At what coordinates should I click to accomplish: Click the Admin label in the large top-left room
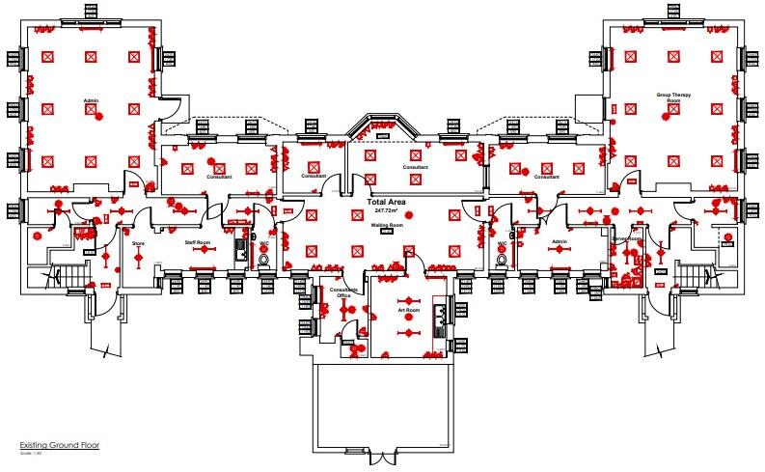92,99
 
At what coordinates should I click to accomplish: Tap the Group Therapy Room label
669,97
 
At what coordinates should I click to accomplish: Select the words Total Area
386,201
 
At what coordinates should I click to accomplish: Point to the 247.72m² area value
386,209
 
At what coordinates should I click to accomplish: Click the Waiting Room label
386,224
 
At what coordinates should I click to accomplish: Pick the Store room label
138,244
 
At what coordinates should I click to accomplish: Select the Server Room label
627,237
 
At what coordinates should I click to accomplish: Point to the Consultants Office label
344,292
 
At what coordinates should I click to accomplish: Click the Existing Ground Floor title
59,445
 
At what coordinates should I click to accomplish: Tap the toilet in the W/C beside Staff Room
264,259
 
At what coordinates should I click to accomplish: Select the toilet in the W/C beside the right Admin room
502,259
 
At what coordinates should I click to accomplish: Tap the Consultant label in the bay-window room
415,167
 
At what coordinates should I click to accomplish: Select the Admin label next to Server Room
558,242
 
